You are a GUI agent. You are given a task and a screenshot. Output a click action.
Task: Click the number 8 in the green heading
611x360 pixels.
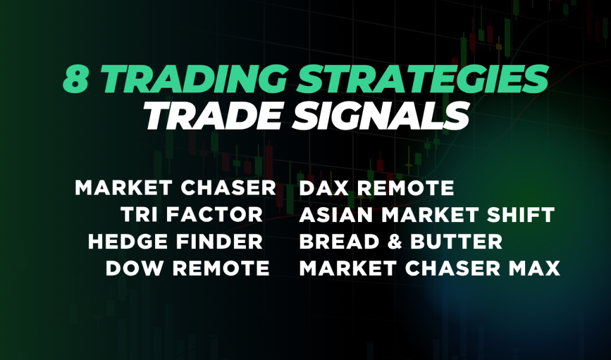(x=76, y=79)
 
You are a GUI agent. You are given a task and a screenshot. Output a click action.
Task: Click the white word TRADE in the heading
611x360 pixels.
(x=212, y=116)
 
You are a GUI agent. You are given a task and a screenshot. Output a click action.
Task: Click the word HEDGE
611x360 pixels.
(x=128, y=242)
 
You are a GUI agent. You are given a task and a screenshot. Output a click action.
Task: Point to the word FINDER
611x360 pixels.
(x=220, y=242)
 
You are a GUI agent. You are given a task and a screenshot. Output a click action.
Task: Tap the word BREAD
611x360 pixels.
(x=339, y=242)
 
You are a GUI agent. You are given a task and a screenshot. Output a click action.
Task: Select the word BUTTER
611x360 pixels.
(x=456, y=242)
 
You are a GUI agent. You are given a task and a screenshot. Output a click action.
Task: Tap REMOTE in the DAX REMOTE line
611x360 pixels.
(x=406, y=188)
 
